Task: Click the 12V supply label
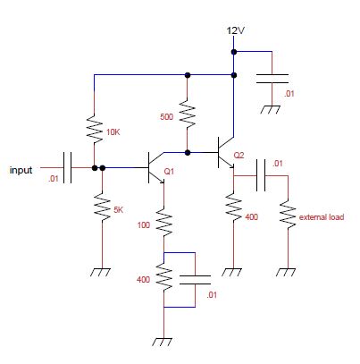point(235,30)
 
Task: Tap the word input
point(21,170)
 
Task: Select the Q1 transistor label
point(169,172)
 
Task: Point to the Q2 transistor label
point(239,156)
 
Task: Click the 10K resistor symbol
point(95,129)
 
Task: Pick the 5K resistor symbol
point(102,207)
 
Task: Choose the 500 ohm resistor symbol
point(188,114)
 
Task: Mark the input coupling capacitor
point(67,167)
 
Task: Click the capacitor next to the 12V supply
point(272,79)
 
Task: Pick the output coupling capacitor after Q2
point(261,175)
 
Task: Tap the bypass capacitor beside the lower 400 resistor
point(195,280)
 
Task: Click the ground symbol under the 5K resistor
point(101,272)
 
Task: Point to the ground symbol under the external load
point(287,272)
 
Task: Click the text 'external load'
point(322,217)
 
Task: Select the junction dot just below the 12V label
point(234,52)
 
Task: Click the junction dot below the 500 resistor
point(188,153)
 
